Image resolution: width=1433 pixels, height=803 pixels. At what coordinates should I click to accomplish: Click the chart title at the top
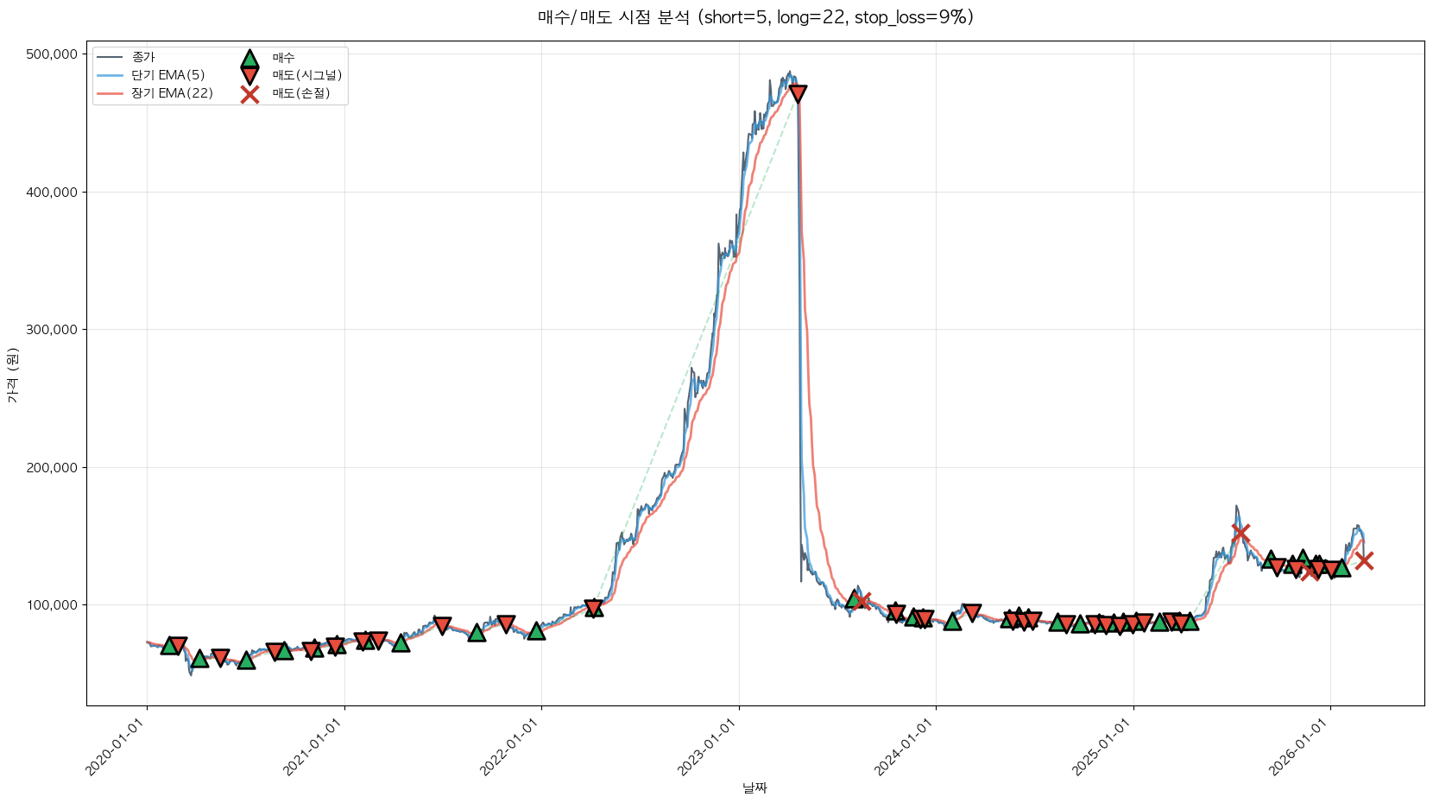pos(755,17)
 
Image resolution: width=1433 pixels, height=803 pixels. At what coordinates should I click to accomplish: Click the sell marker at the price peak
pos(799,93)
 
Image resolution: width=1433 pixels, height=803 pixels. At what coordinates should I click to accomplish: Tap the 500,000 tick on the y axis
pos(52,54)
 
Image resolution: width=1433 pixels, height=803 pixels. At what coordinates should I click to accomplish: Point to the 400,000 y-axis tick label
pos(52,192)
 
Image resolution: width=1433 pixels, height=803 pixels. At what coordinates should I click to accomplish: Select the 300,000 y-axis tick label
pos(52,330)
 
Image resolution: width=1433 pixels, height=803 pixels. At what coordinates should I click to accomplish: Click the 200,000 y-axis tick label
pos(52,467)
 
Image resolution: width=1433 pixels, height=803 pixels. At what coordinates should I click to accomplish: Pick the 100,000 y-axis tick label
pos(52,605)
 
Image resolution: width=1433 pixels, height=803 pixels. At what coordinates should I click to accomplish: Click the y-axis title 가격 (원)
pos(12,375)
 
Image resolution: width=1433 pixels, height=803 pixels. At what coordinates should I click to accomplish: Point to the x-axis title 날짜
pos(754,787)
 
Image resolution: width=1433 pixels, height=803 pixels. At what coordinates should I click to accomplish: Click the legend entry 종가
pos(143,58)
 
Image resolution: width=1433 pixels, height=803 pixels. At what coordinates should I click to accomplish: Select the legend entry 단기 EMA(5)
pos(167,75)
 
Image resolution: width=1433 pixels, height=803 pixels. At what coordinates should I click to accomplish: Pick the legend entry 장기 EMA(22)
pos(172,93)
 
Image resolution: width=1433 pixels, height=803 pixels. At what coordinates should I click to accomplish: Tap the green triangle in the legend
pos(249,59)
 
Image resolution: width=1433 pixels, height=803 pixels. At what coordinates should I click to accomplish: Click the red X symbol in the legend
pos(249,94)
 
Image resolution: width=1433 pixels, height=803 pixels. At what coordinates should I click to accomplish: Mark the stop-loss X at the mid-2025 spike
pos(1240,533)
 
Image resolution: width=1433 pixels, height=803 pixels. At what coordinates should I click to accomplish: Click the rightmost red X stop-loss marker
pos(1364,560)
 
